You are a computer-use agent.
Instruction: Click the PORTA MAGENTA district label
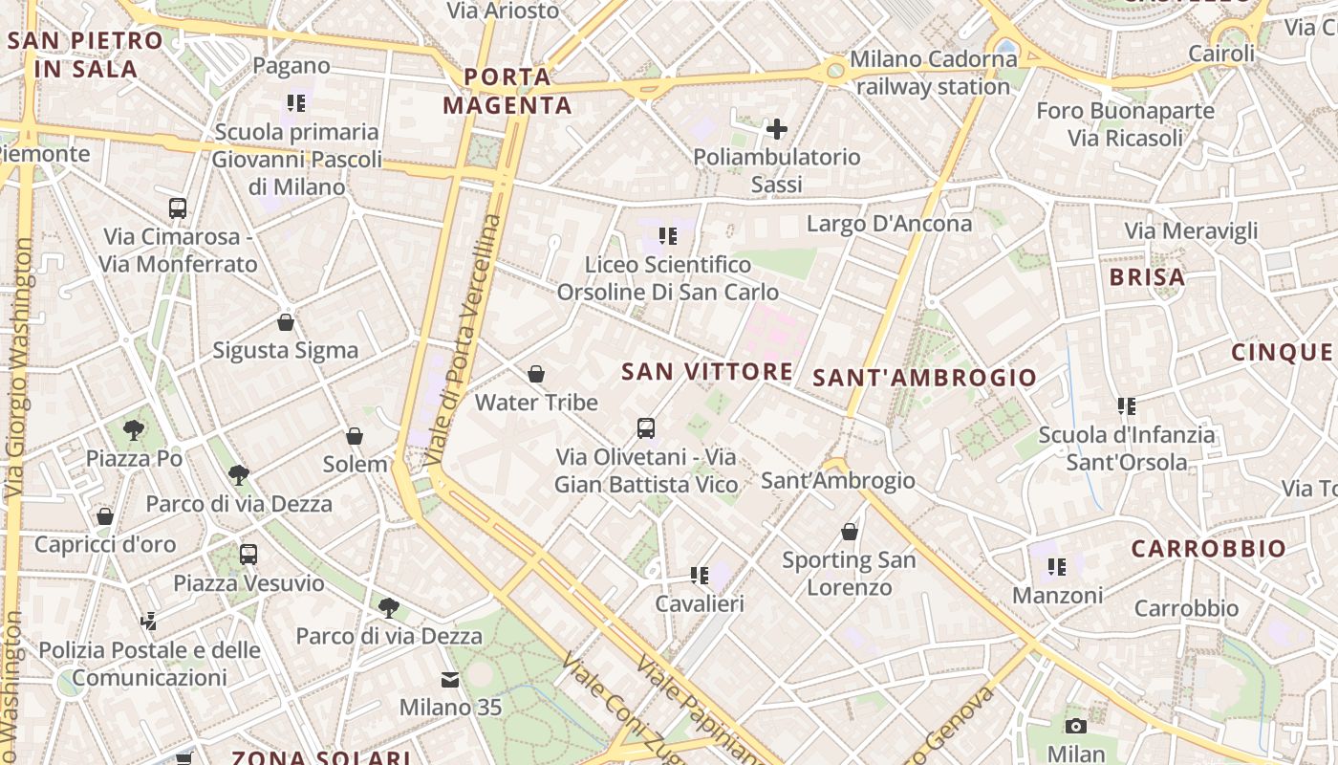tap(507, 91)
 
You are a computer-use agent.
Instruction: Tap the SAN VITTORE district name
tap(707, 372)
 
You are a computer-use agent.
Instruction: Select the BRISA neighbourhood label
tap(1147, 277)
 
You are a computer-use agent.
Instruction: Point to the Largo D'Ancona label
tap(889, 224)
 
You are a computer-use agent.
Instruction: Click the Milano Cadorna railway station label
tap(933, 73)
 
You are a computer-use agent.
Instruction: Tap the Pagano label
tap(291, 66)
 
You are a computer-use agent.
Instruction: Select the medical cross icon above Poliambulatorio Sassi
tap(777, 128)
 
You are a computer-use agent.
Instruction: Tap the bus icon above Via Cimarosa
tap(178, 208)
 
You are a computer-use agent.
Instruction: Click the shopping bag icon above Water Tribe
tap(536, 374)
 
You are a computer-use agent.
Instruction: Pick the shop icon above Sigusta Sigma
tap(285, 322)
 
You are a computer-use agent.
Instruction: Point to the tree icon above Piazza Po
tap(134, 429)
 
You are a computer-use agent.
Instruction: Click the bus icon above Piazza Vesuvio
tap(248, 554)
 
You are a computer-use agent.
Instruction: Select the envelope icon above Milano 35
tap(449, 680)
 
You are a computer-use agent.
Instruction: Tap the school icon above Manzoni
tap(1056, 567)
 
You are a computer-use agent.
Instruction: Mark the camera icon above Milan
tap(1076, 726)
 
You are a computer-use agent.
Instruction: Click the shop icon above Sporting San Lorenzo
tap(849, 532)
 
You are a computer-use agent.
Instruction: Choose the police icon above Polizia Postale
tap(148, 622)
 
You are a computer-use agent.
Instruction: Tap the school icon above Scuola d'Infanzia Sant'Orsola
tap(1127, 406)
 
